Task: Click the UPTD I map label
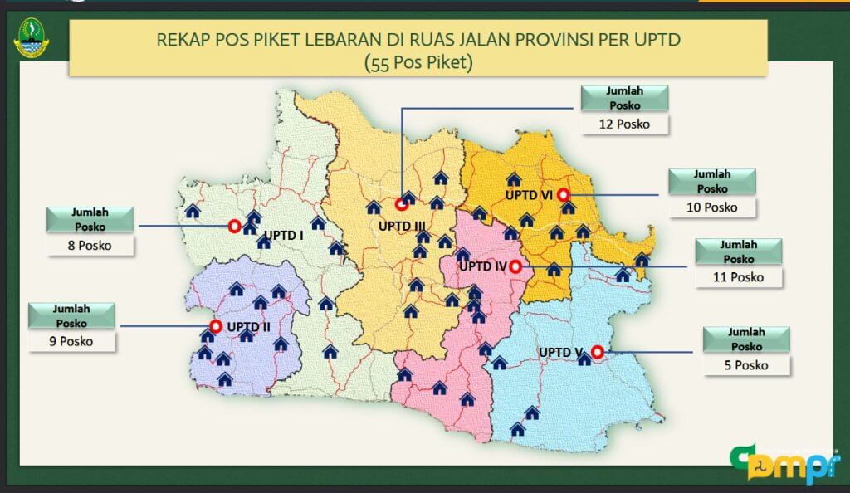coord(284,236)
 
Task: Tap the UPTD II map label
coord(248,326)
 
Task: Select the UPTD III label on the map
coord(402,225)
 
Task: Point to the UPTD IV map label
coord(482,266)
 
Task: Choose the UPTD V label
coord(560,353)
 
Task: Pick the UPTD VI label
coord(530,195)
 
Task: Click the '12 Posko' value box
coord(624,124)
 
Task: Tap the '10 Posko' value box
coord(712,207)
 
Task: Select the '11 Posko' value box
coord(738,277)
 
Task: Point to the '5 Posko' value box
coord(746,365)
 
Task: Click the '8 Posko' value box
coord(90,246)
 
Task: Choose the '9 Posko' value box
coord(71,341)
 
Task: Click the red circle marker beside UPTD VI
coord(564,194)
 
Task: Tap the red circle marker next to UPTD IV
coord(515,266)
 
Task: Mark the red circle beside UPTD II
coord(217,326)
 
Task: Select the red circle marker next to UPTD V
coord(597,352)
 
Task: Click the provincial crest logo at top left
coord(32,38)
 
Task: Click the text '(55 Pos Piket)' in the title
coord(418,62)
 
